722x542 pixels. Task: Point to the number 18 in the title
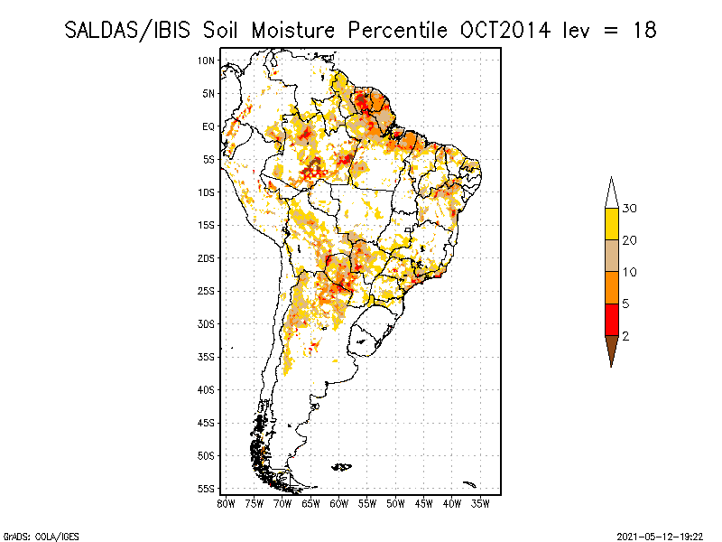643,30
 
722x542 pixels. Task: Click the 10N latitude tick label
206,61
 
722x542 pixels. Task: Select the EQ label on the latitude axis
208,126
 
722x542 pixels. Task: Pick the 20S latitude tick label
206,257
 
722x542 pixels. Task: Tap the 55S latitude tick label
206,488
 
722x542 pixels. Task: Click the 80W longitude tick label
226,502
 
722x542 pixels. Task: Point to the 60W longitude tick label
339,502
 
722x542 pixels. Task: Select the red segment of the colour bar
611,320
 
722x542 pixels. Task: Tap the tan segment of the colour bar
611,256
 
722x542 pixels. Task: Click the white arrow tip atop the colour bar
611,192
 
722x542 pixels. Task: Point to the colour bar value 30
630,209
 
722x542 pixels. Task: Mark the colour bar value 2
625,336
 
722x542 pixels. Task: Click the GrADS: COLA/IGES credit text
30,535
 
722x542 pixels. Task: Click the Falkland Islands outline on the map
341,466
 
